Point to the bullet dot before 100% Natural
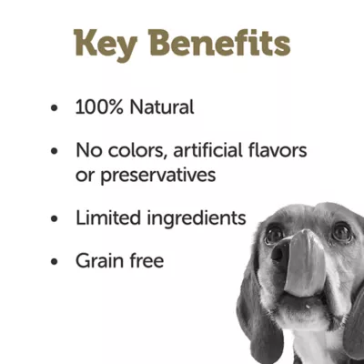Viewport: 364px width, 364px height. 56,107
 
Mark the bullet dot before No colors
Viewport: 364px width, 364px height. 56,150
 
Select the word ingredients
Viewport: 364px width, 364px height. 197,219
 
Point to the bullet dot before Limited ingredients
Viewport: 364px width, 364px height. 56,219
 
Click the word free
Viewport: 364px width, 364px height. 146,261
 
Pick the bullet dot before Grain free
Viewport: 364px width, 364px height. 56,262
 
